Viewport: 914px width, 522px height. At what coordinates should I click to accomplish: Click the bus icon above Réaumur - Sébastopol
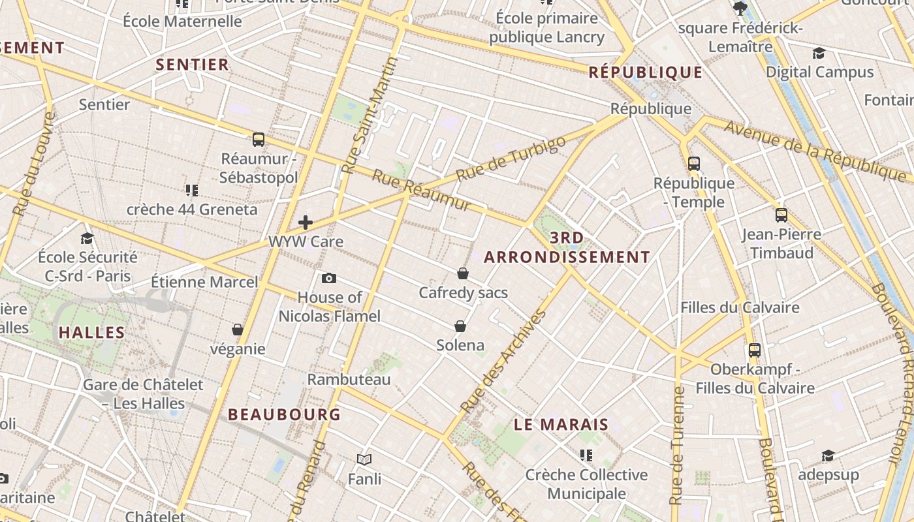click(x=259, y=139)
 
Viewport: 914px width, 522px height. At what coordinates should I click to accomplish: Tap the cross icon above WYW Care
click(x=306, y=223)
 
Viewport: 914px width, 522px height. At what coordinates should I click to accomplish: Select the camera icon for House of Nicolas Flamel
click(x=329, y=279)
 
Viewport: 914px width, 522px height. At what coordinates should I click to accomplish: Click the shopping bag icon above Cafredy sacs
click(x=463, y=273)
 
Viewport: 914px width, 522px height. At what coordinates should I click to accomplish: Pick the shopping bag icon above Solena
click(x=460, y=326)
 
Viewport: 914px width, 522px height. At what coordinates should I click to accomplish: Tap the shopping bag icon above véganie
click(x=238, y=330)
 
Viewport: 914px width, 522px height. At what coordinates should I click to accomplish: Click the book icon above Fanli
click(x=364, y=460)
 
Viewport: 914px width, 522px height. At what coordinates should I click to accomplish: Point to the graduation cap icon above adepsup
click(x=828, y=455)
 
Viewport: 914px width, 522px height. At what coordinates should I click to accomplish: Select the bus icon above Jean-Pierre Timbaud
click(x=781, y=215)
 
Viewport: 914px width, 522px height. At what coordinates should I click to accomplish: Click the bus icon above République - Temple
click(x=694, y=164)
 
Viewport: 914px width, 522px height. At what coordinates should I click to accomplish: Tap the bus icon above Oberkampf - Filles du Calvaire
click(x=755, y=350)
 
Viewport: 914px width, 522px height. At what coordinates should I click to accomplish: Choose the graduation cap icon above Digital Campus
click(x=819, y=53)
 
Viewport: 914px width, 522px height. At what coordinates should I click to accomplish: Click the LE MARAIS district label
click(x=561, y=425)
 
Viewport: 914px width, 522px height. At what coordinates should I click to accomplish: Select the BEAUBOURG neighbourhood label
click(x=284, y=414)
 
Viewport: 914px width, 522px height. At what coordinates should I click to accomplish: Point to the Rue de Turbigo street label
click(x=511, y=159)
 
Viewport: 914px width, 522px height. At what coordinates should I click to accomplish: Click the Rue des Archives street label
click(x=503, y=361)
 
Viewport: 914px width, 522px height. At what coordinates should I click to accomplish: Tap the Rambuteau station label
click(x=349, y=379)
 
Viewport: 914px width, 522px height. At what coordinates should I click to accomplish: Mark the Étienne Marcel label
click(x=204, y=283)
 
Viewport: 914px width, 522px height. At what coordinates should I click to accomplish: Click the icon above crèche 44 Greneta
click(x=191, y=191)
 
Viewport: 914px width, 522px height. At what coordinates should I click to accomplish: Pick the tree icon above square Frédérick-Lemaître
click(x=740, y=8)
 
